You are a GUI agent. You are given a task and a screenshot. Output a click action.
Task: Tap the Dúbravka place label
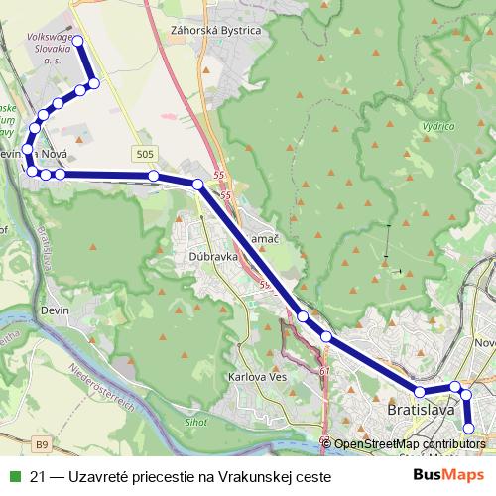pos(208,255)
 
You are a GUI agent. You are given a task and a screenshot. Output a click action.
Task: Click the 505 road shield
pos(145,153)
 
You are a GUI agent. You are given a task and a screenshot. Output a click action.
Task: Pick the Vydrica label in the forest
pos(438,127)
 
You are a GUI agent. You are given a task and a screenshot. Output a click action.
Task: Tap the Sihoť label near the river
pos(196,422)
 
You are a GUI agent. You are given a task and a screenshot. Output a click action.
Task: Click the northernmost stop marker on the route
pos(76,41)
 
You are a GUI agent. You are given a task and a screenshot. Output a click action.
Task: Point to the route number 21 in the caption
pos(40,476)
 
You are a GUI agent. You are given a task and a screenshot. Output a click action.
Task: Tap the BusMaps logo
pos(446,475)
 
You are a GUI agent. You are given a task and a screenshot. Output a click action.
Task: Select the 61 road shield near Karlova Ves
pos(324,372)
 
